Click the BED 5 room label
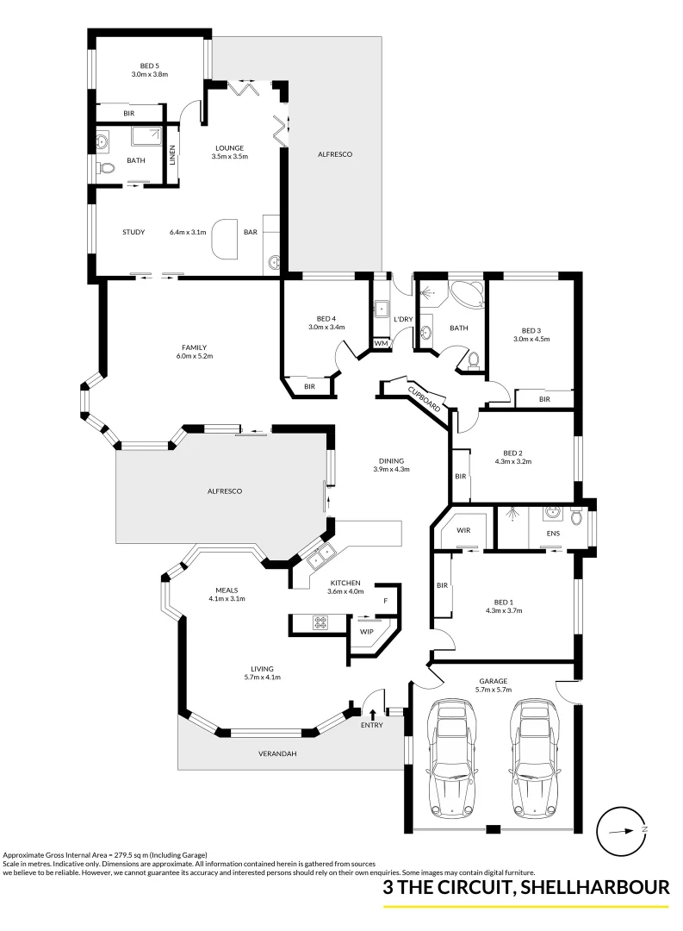[149, 64]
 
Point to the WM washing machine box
[380, 343]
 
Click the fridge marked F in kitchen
[386, 600]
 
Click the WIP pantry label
[366, 631]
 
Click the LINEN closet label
[172, 155]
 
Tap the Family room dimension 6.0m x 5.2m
[193, 356]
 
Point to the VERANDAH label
[277, 753]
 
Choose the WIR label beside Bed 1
[463, 530]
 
